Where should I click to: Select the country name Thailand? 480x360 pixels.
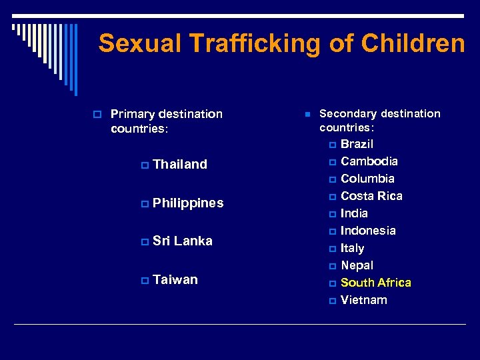[180, 164]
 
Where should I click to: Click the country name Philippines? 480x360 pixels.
[188, 203]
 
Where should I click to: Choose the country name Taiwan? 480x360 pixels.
[175, 280]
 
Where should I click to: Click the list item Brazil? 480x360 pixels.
[357, 144]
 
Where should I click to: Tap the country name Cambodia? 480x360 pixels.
[369, 161]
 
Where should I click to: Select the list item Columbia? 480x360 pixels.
[367, 179]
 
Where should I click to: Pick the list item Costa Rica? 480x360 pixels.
[371, 196]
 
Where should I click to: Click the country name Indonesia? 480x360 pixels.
[368, 231]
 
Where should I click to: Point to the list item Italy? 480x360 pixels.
[352, 248]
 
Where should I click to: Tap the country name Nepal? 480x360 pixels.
[357, 265]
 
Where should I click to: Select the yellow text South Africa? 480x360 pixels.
[376, 283]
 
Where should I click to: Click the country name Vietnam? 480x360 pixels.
[363, 300]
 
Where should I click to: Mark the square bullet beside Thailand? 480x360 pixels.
[145, 165]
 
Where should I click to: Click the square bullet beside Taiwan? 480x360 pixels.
[145, 281]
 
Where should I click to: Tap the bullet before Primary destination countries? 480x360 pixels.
[97, 115]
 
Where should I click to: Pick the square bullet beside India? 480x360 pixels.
[333, 214]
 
